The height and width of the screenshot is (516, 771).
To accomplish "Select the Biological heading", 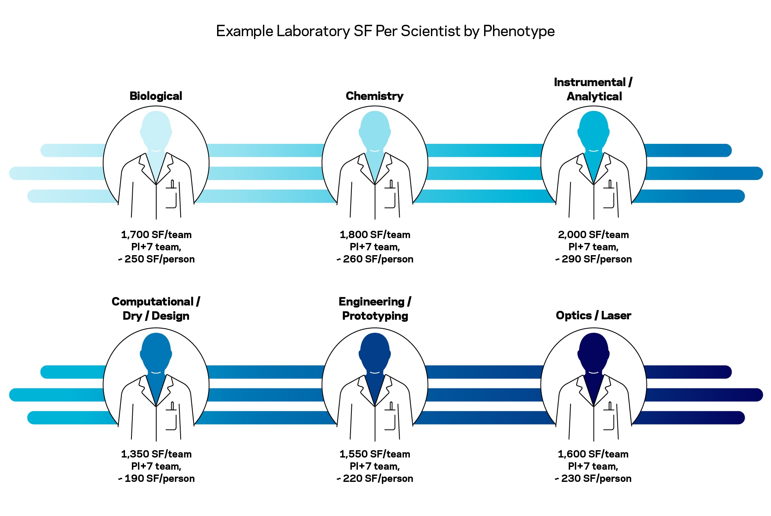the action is pos(156,96).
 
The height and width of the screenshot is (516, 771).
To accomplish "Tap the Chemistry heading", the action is pos(375,96).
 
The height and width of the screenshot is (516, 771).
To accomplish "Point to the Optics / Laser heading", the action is pos(593,316).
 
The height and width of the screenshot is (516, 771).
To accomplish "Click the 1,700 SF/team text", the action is pos(156,235).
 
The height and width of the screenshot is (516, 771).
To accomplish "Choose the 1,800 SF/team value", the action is pos(375,235).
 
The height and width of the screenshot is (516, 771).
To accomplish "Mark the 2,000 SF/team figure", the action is pos(593,235).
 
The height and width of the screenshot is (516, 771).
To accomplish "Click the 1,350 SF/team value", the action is pos(156,454).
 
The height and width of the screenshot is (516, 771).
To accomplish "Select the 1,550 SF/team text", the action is pos(375,454).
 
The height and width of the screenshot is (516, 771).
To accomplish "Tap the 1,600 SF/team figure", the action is pos(593,454).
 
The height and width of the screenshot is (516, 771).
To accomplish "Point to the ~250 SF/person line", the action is pos(156,259).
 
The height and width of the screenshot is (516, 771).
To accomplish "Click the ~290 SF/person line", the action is pos(593,259).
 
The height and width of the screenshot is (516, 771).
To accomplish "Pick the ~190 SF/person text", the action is pos(156,479).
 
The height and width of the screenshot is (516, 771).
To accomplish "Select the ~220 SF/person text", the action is pos(375,479).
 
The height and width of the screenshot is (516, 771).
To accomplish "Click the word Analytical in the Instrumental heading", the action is pos(594,97).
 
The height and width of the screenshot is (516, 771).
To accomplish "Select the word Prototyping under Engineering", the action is pos(375,316).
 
